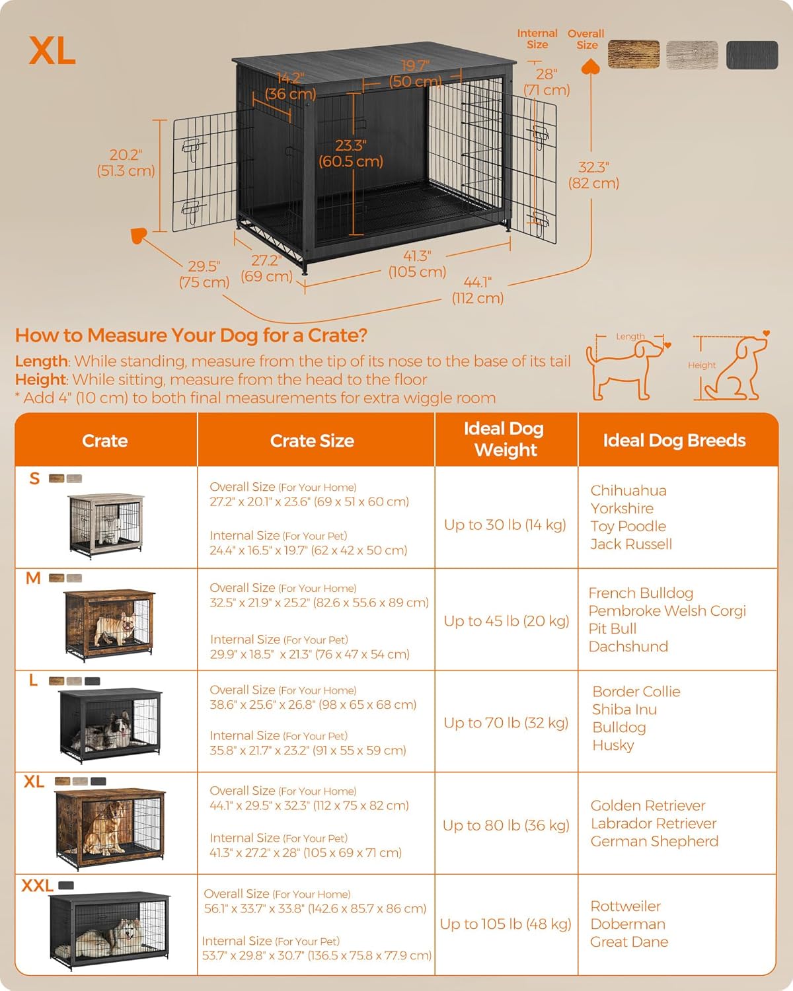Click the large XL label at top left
pos(52,51)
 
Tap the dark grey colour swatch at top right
pos(751,55)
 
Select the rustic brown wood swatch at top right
pos(633,54)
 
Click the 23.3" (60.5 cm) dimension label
pos(351,153)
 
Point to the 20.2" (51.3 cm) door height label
pos(126,163)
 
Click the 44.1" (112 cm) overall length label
pos(477,290)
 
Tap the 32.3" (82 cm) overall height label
pos(593,175)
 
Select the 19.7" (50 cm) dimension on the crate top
pos(415,73)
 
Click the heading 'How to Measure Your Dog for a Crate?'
pos(191,335)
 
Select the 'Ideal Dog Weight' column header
pos(506,439)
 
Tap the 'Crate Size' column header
pos(312,441)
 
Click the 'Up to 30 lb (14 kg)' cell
pos(505,525)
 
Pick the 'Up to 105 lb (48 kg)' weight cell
pos(506,924)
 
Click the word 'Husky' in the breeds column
pos(613,745)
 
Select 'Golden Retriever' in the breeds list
pos(648,805)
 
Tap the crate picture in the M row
pos(110,624)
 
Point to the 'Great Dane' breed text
pos(628,941)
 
